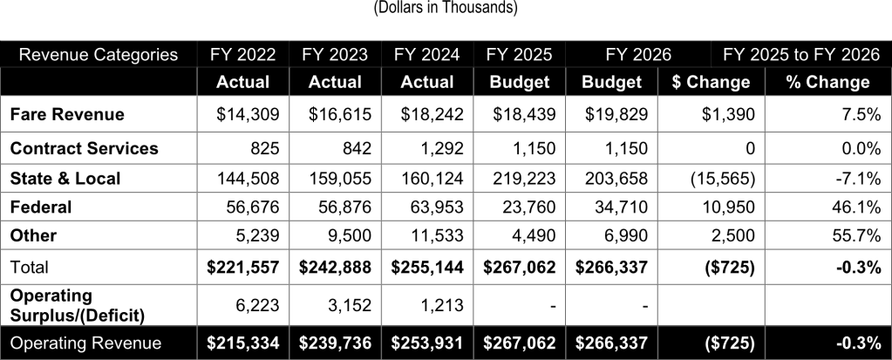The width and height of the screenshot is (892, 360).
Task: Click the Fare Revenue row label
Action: [66, 114]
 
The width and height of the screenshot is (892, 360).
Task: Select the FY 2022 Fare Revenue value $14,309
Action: [244, 114]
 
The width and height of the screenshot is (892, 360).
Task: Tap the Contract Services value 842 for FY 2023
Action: [345, 148]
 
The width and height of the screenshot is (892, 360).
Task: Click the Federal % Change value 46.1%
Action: [855, 207]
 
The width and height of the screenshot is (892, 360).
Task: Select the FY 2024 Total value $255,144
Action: [429, 268]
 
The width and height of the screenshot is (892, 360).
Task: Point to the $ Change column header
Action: [711, 82]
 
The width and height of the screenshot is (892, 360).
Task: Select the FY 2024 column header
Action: [427, 55]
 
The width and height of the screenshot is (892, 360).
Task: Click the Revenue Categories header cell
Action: [98, 55]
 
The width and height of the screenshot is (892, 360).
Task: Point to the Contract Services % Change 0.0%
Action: [859, 148]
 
